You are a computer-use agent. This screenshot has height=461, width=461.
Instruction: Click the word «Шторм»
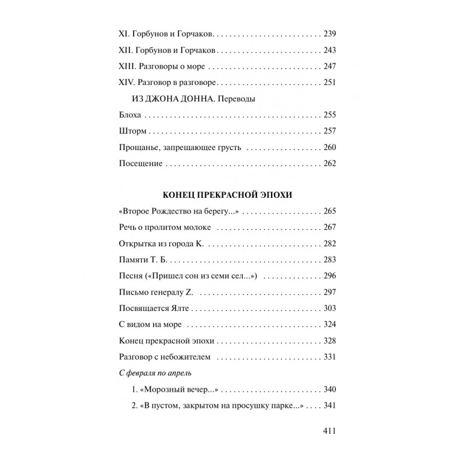[x=130, y=132]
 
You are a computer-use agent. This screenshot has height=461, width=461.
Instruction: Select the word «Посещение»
[x=140, y=164]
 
